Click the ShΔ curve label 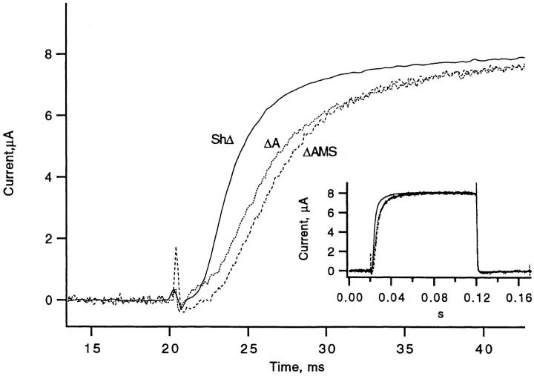pos(222,137)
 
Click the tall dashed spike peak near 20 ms pos(176,248)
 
